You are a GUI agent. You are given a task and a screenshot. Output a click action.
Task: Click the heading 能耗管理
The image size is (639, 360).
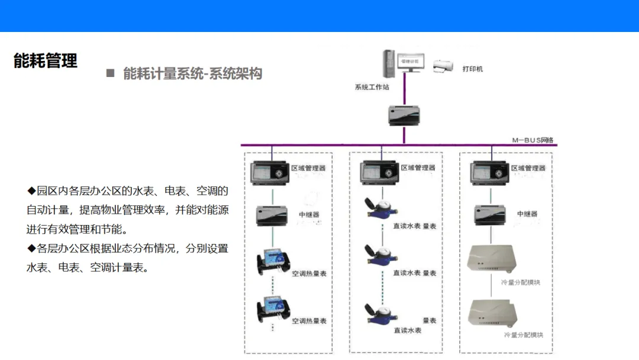pos(46,60)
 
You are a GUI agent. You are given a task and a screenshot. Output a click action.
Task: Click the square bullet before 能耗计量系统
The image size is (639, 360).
pos(109,73)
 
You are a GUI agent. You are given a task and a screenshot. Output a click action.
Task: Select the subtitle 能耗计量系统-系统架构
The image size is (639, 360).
pos(192,73)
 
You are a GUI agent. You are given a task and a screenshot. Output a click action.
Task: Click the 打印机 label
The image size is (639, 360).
pos(473,69)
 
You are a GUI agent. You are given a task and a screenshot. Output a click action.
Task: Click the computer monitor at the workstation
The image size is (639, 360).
pos(409,63)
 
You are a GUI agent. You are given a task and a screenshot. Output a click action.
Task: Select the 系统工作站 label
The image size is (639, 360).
pos(372,87)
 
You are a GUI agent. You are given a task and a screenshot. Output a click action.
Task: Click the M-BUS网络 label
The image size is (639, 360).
pos(532,140)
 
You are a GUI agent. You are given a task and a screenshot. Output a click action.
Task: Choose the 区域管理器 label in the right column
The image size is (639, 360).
pos(527,168)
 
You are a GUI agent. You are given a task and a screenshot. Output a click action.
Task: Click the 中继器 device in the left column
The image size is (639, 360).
pos(272,216)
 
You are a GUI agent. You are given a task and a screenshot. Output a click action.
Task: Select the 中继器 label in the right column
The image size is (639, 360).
pos(527,214)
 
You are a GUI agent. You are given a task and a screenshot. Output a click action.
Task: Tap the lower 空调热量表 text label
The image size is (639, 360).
pos(309,321)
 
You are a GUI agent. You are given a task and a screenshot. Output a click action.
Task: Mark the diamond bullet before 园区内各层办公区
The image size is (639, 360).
pos(31,191)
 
